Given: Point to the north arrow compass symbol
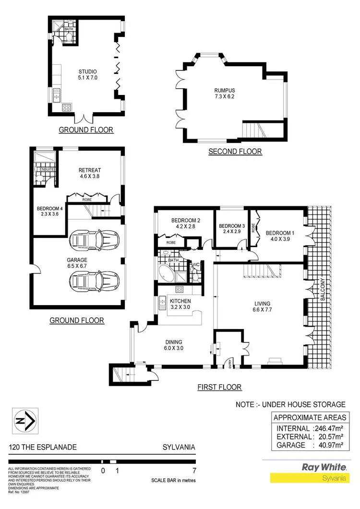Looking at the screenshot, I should pyautogui.click(x=24, y=421).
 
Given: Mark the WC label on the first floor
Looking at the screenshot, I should pyautogui.click(x=196, y=264).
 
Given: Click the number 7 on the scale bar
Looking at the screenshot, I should pyautogui.click(x=193, y=470).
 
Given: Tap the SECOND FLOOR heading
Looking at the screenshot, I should pyautogui.click(x=235, y=152).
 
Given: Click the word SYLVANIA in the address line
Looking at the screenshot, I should pyautogui.click(x=179, y=447).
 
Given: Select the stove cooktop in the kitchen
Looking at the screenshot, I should pyautogui.click(x=180, y=289).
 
